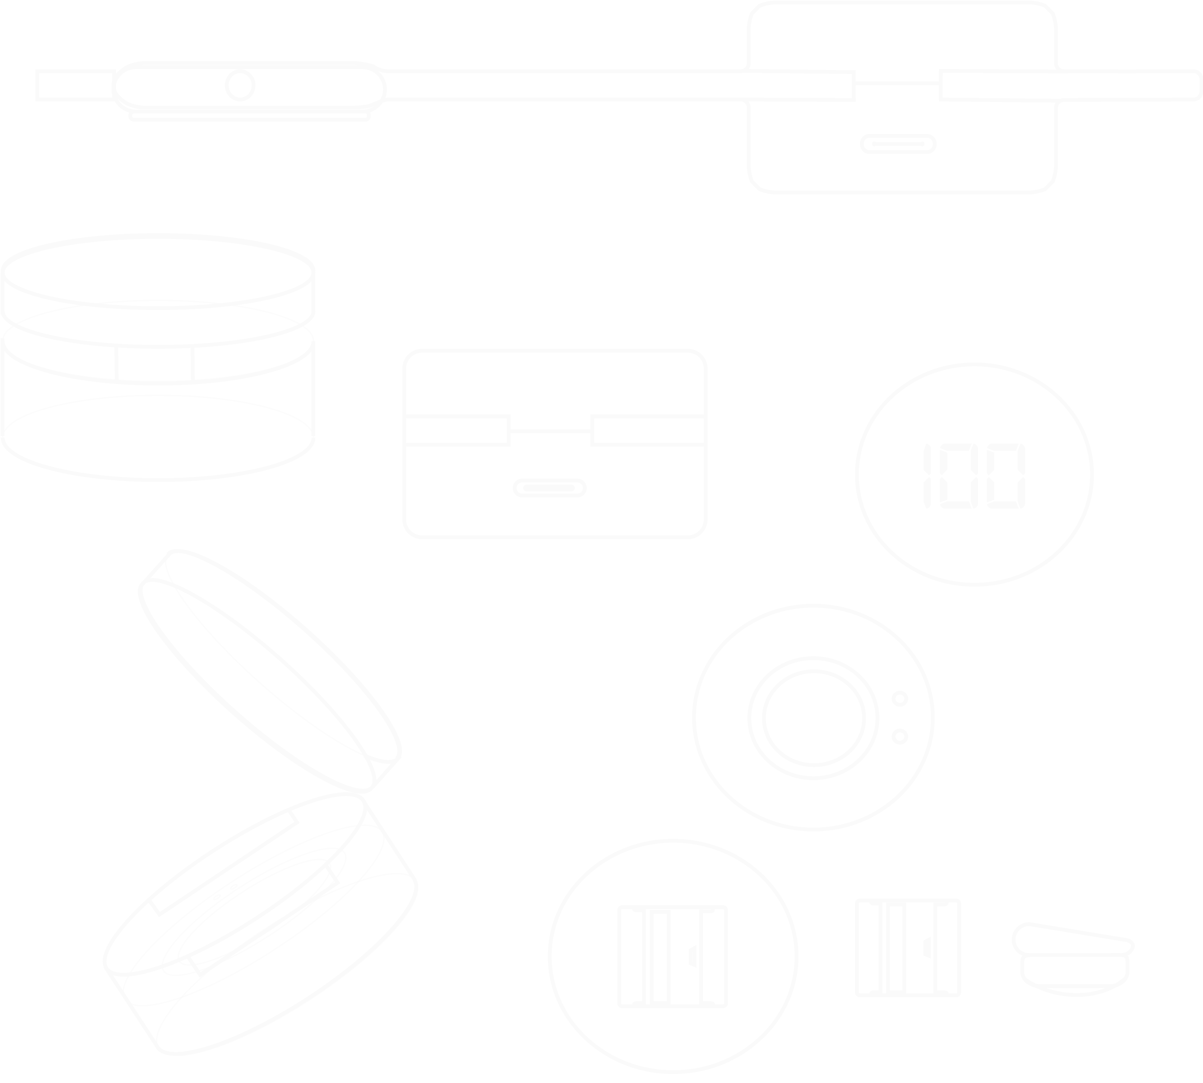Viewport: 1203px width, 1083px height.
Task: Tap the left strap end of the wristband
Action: coord(74,85)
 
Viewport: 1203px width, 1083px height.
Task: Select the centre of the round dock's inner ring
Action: coord(813,718)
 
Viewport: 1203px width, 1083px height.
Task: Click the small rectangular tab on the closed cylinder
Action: coord(155,363)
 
